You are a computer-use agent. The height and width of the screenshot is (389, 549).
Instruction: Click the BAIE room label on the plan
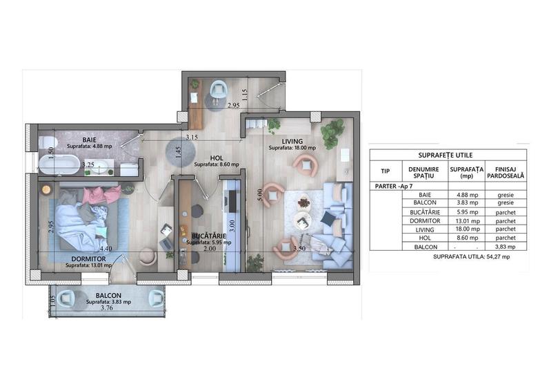[88, 139]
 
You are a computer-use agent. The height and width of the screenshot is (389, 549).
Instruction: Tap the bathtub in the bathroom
[59, 165]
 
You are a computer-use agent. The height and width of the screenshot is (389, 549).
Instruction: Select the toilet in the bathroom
[47, 143]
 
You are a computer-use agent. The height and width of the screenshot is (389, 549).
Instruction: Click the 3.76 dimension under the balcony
[107, 310]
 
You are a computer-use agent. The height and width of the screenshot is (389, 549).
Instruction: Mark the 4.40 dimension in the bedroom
[106, 249]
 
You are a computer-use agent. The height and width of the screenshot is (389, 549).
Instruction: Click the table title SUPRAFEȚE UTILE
[448, 155]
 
